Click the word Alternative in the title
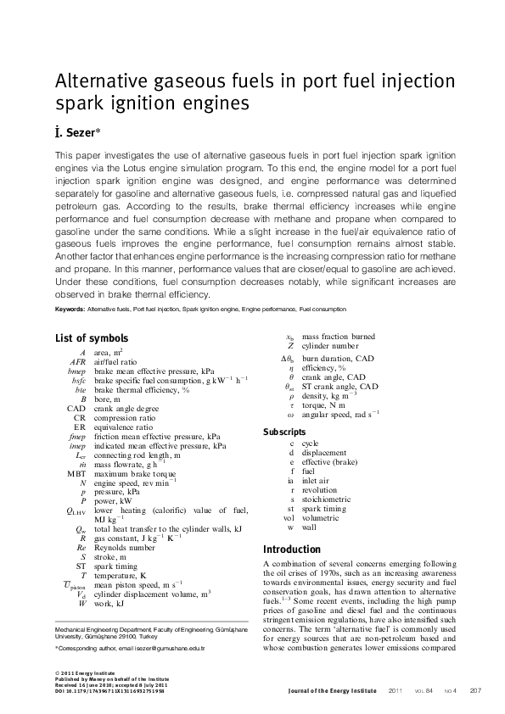(105, 82)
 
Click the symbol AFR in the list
(77, 361)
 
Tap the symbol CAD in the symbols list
(76, 408)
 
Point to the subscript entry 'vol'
(289, 517)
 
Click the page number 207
(475, 689)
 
